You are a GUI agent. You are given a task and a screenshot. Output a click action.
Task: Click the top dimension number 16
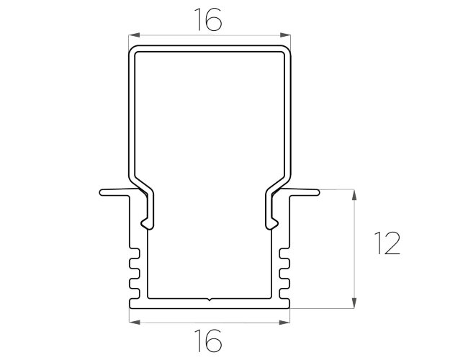[x=208, y=19]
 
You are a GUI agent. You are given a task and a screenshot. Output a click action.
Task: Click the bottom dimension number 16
[x=208, y=341]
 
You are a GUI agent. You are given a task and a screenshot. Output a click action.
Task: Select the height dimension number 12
[x=387, y=243]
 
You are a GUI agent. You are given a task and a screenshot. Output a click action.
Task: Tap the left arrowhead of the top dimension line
[x=134, y=35]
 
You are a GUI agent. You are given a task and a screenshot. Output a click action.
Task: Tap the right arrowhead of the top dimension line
[x=285, y=35]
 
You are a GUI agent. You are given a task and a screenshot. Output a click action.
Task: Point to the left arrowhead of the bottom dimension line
[x=135, y=323]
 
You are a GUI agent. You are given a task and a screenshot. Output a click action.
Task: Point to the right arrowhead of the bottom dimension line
[x=284, y=323]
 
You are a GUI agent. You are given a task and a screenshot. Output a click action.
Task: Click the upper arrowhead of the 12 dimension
[x=354, y=195]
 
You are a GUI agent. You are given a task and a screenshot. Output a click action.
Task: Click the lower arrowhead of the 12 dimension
[x=354, y=303]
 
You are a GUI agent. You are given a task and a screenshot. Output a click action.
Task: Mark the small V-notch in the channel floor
[x=210, y=300]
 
